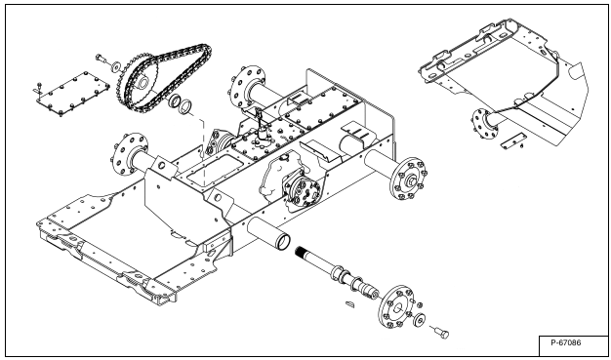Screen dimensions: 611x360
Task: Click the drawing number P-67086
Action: [565, 342]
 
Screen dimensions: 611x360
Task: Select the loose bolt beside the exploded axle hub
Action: [441, 333]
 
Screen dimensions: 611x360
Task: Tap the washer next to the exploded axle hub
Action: [420, 319]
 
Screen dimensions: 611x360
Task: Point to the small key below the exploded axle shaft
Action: [350, 303]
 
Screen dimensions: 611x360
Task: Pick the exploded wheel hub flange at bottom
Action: [396, 306]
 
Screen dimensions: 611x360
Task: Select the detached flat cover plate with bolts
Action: [73, 94]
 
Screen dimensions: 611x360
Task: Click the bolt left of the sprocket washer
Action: [102, 59]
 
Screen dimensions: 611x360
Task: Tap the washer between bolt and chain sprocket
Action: [116, 66]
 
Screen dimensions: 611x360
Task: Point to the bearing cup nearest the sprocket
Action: [175, 100]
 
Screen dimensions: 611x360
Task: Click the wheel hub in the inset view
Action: [485, 124]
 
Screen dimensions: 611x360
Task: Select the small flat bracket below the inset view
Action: [512, 140]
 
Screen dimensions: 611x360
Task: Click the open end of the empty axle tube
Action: [283, 242]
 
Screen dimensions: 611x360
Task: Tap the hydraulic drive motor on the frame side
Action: [302, 191]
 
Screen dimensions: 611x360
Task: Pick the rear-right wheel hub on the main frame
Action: [408, 179]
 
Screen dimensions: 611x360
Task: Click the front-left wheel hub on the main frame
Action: [130, 154]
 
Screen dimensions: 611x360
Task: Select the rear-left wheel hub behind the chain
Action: [246, 87]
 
